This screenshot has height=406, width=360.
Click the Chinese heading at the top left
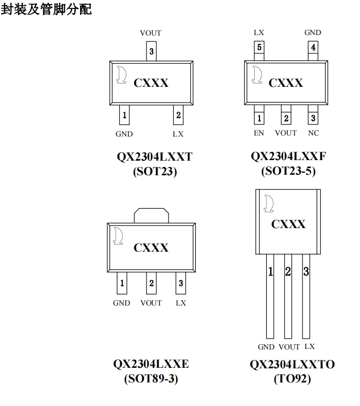click(47, 9)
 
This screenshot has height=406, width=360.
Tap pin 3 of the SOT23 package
click(151, 51)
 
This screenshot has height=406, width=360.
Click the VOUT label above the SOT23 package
click(151, 33)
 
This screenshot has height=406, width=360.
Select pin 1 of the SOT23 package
click(124, 115)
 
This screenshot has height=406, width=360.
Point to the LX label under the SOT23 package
click(178, 134)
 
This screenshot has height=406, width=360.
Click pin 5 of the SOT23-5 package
click(259, 49)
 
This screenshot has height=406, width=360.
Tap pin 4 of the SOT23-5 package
click(313, 49)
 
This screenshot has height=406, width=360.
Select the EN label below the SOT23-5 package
click(259, 133)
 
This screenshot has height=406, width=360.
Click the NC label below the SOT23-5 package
click(313, 133)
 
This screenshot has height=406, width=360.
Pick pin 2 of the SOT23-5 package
click(286, 118)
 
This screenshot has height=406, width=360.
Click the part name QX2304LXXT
click(154, 157)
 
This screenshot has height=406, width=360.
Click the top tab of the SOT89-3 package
click(151, 216)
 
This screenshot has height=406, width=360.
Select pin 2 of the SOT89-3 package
click(151, 283)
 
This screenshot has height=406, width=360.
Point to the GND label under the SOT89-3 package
click(121, 303)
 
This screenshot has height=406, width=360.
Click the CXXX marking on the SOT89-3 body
click(151, 247)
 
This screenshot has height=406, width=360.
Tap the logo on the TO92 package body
click(269, 204)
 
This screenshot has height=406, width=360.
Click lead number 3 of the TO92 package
click(306, 272)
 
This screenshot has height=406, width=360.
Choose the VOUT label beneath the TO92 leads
click(289, 347)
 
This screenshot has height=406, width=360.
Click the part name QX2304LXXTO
click(292, 365)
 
